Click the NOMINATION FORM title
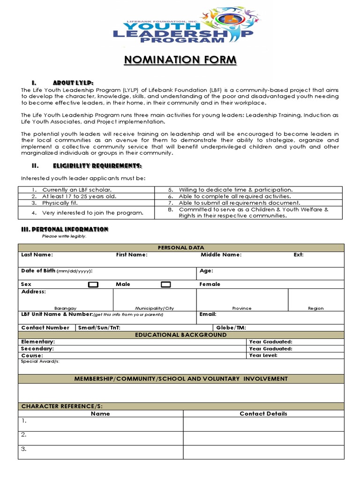(180, 60)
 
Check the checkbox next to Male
(93, 285)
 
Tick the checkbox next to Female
(166, 285)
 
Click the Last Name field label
(37, 255)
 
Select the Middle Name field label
(221, 255)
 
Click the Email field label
(208, 315)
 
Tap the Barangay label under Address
(65, 308)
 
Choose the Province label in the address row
(242, 308)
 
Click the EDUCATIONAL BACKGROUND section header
(180, 335)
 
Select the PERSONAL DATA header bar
(180, 247)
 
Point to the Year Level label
(263, 355)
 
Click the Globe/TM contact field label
(231, 328)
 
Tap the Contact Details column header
(263, 413)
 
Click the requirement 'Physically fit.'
(60, 203)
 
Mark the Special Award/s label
(40, 362)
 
